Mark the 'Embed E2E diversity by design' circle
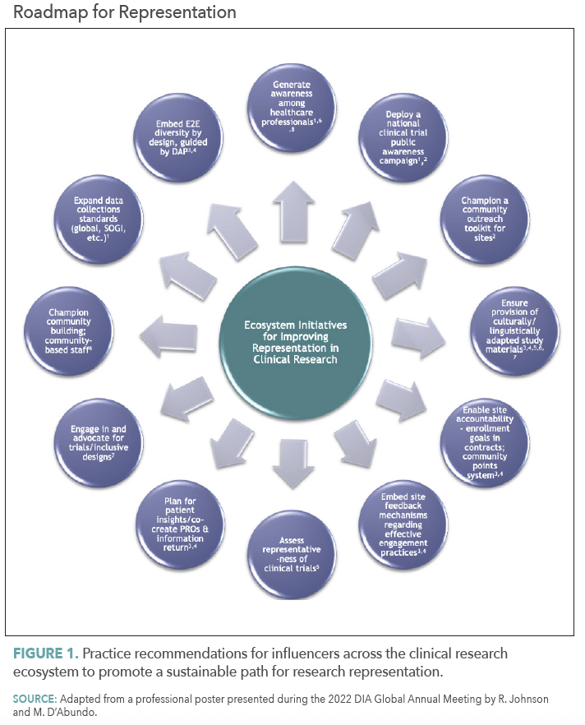pyautogui.click(x=177, y=136)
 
